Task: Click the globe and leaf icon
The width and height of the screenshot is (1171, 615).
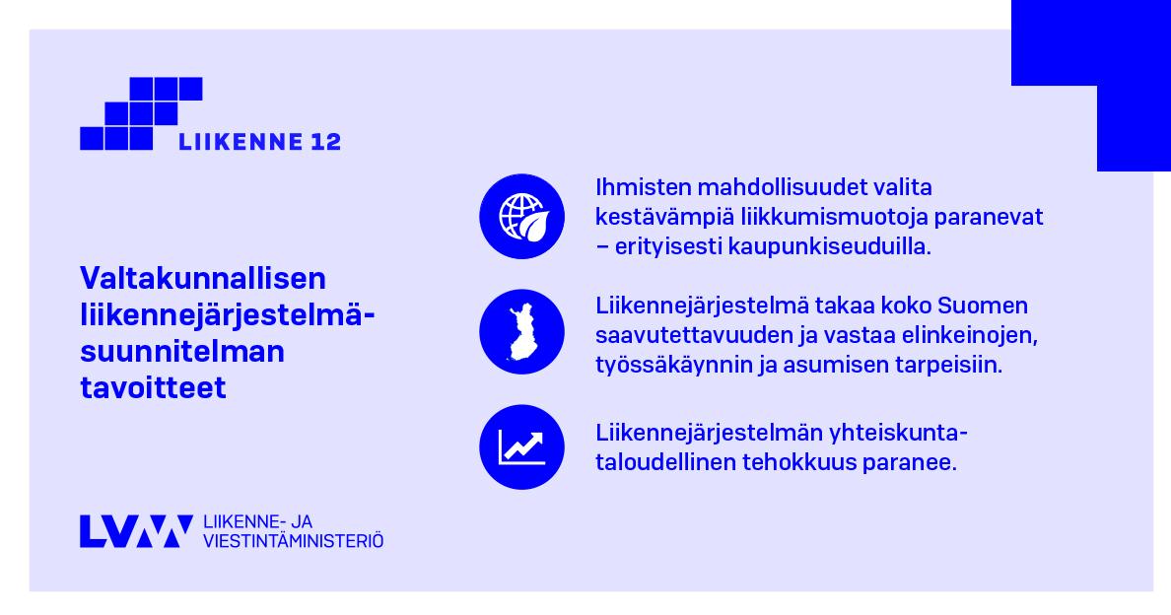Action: click(x=521, y=217)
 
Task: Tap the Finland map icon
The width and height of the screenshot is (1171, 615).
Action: click(x=521, y=331)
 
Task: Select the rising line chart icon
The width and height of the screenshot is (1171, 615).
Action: click(x=521, y=446)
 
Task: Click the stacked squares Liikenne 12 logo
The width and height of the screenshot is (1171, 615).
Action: click(x=141, y=113)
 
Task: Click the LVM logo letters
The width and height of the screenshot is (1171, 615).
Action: click(x=136, y=531)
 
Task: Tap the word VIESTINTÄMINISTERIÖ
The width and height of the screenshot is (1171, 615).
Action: click(x=293, y=541)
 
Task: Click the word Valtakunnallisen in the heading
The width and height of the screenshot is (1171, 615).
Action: click(x=203, y=278)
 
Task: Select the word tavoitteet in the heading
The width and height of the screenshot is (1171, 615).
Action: click(x=153, y=388)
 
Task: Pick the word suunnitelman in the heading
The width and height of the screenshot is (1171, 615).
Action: click(x=182, y=352)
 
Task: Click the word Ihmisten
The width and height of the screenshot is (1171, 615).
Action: click(x=642, y=187)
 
